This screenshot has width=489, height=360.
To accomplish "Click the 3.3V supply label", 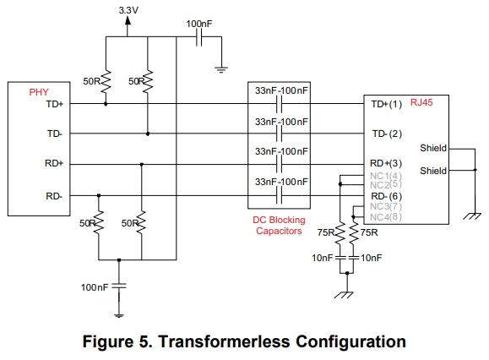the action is coord(128,10).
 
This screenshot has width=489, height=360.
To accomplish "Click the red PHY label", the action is coord(39,92).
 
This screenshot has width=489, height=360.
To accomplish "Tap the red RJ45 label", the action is coord(421,102).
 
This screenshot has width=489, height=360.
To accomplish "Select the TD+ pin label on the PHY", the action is coord(55,104).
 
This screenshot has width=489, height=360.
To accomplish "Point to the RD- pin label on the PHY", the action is coord(54,196).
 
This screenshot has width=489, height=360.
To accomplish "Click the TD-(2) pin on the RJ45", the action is coord(387,134).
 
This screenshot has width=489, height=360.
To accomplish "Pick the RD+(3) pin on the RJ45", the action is coord(386,163).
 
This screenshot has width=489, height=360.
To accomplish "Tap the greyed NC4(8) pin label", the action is coord(386,217).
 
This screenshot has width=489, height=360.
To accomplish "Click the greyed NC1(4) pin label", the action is coord(386,176).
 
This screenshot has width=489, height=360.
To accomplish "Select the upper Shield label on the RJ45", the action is coord(433,148).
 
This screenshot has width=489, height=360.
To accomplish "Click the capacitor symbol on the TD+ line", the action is coord(279,104).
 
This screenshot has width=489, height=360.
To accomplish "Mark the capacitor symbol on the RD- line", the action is coord(279,195).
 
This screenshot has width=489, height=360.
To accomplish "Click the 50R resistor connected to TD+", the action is coord(106,81).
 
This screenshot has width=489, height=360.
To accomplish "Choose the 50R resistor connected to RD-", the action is coord(99,222).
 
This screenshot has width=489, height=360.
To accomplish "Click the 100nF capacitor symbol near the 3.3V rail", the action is coord(199,37).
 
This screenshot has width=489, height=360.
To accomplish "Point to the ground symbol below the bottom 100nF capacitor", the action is coord(119,316).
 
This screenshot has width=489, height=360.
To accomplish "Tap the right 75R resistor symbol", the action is coord(353,233).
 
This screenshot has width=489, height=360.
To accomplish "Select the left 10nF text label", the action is coord(322,258).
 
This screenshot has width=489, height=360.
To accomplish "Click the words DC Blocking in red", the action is coord(279,220).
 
